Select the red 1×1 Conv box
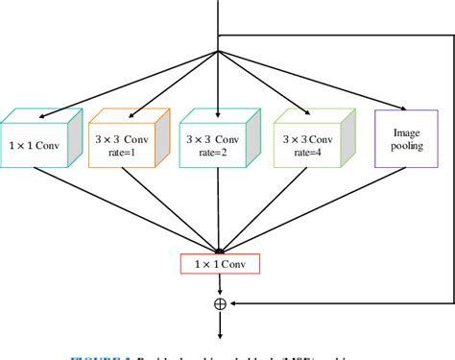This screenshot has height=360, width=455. click(220, 262)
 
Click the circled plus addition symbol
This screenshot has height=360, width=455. click(220, 303)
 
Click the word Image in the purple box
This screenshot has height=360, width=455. click(402, 129)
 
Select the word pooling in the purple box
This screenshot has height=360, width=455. click(402, 144)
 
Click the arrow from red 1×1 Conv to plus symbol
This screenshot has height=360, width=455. click(220, 283)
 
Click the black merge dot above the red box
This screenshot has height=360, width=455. click(220, 252)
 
